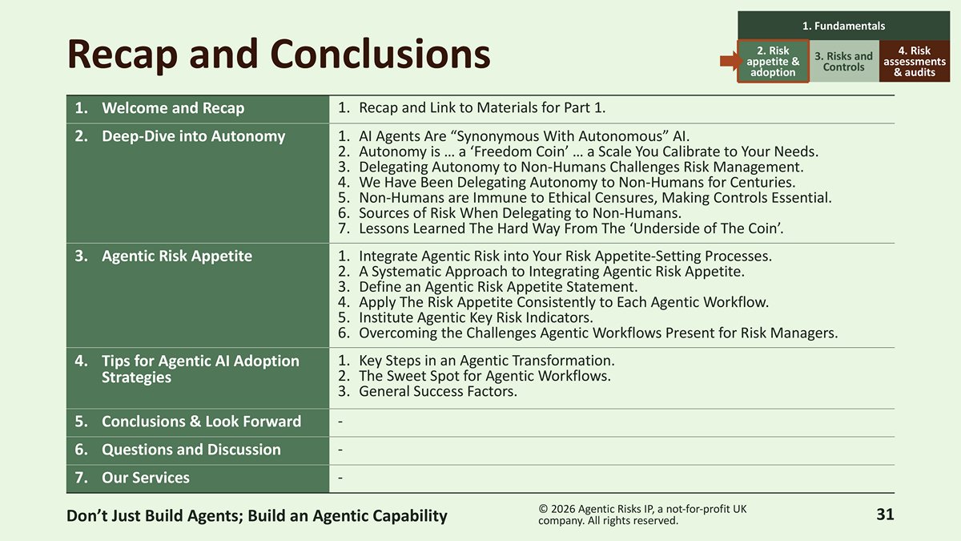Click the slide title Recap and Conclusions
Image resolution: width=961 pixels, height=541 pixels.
pos(279,55)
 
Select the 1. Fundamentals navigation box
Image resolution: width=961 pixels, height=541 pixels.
pos(843,26)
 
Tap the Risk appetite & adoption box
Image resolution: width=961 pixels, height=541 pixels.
pos(773,62)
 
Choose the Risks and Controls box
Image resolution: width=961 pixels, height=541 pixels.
pos(844,62)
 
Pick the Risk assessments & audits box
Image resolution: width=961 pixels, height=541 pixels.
pos(915,62)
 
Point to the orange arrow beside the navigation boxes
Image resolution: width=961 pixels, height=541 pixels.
pos(729,62)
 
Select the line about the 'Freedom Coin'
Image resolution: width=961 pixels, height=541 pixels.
pos(578,151)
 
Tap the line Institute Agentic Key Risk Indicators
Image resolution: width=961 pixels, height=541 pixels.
pos(465,317)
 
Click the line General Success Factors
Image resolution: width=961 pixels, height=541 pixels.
pos(428,392)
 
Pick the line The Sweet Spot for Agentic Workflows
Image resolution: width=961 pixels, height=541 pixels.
pos(474,376)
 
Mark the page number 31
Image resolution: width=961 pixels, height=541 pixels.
pos(885,515)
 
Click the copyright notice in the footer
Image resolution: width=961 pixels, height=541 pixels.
pos(642,515)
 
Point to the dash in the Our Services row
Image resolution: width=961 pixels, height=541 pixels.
pos(340,478)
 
